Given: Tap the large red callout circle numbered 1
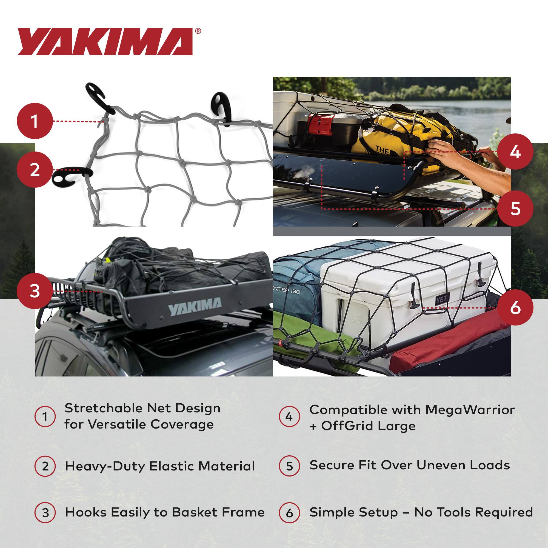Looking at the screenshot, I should pos(35,121).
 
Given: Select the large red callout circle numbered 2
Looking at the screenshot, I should pos(35,170).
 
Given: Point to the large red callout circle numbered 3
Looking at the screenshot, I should pos(35,291).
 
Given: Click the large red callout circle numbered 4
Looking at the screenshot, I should pos(515,152).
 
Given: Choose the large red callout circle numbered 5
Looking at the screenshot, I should pos(515,209).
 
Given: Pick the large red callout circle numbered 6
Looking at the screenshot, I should pos(515,307).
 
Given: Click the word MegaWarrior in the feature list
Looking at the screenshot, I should pos(470,410).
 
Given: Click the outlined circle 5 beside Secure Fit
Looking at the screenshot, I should pos(289,466).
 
